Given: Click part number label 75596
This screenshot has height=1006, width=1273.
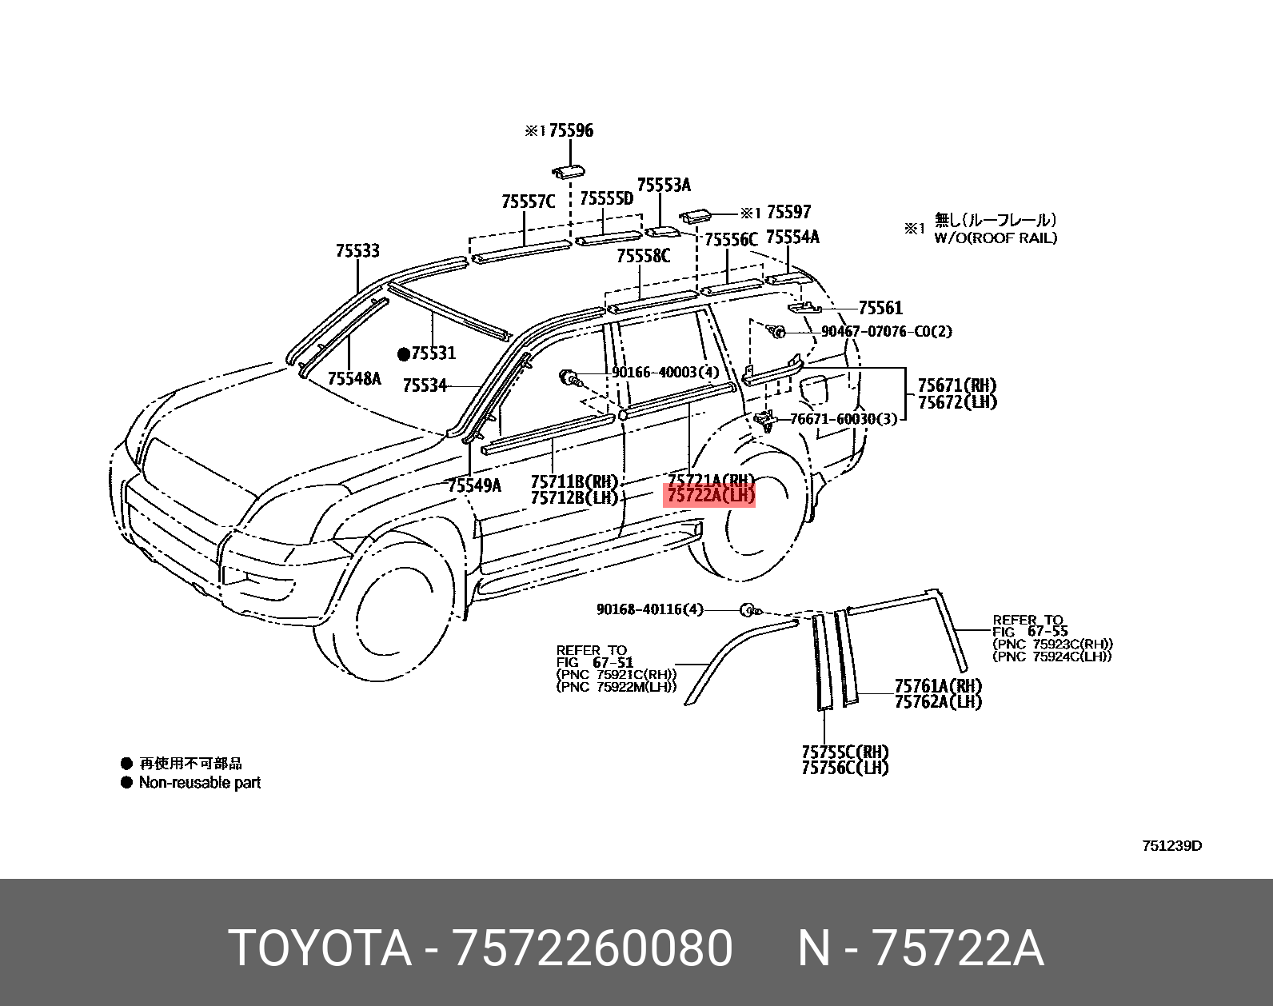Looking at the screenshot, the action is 570,130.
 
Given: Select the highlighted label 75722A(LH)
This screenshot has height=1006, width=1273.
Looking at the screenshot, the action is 710,496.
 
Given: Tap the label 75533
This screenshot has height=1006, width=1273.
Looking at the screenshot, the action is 357,251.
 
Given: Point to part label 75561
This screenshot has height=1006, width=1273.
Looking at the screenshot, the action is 880,308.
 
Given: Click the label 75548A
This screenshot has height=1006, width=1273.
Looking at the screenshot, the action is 354,378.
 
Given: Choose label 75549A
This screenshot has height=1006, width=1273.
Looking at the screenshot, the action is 474,485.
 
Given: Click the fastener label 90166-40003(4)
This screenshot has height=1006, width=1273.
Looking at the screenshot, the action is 665,373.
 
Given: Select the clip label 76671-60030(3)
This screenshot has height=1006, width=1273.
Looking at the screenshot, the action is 844,418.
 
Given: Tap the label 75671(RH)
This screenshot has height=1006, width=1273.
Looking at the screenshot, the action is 957,385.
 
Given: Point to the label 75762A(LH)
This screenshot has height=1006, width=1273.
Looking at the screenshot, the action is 938,702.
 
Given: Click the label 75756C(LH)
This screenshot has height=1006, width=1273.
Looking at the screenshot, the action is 845,768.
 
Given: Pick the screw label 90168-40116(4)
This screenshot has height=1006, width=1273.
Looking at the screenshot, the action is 649,609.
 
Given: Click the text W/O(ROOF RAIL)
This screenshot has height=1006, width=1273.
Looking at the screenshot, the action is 996,238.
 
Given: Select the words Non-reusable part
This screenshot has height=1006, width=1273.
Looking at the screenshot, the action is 200,783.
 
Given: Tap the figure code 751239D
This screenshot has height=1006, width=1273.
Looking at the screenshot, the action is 1171,846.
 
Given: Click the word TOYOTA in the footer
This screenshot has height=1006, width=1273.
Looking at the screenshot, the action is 320,948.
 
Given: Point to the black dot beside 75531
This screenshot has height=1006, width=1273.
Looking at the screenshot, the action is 404,354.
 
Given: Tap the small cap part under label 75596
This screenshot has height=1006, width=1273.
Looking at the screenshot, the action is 567,171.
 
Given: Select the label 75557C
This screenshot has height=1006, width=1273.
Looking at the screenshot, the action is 528,202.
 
